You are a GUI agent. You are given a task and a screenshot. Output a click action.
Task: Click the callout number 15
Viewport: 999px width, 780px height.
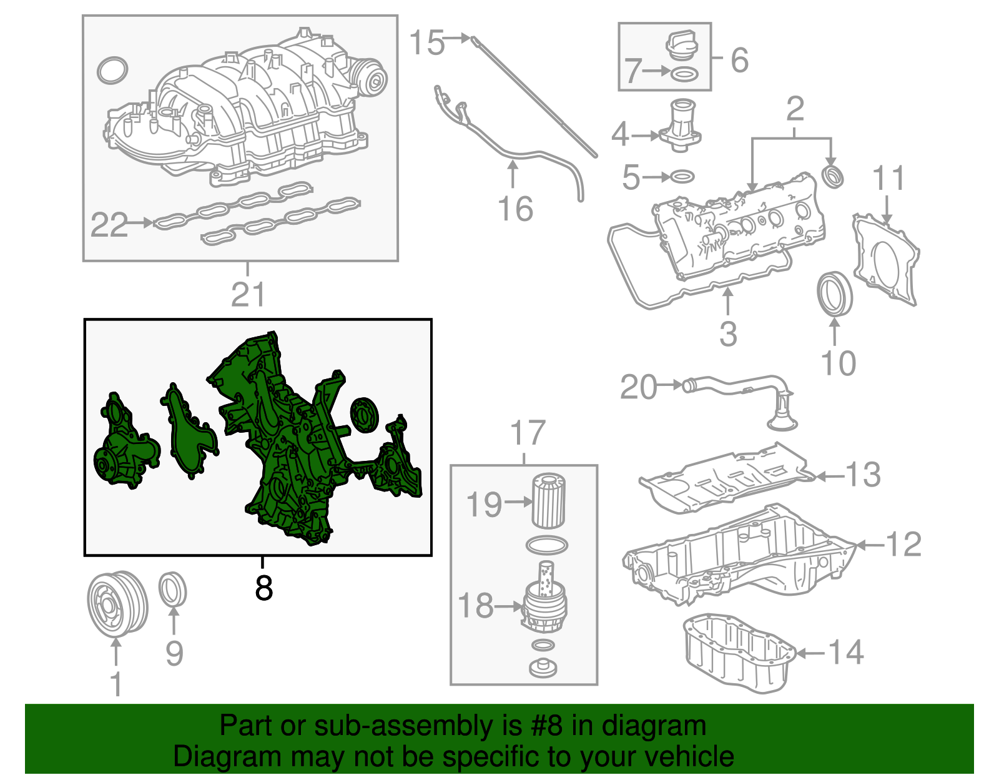pos(426,43)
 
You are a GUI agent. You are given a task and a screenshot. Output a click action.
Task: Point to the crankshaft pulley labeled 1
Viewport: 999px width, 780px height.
pos(117,603)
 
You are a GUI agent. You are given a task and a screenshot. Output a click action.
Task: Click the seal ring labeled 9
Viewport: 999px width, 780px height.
pos(173,589)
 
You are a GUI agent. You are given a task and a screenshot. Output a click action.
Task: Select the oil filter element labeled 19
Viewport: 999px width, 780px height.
pos(549,501)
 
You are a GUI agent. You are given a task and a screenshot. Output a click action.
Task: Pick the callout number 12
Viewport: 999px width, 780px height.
pos(903,545)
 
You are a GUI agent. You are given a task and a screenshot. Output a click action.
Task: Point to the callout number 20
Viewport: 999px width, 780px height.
pos(638,387)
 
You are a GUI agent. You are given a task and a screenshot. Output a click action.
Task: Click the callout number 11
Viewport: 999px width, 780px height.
pos(888,179)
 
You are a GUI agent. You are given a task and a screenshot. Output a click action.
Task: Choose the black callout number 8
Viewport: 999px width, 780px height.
pos(263,588)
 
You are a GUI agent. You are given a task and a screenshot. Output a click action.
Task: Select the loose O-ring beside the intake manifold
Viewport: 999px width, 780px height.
pos(113,71)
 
